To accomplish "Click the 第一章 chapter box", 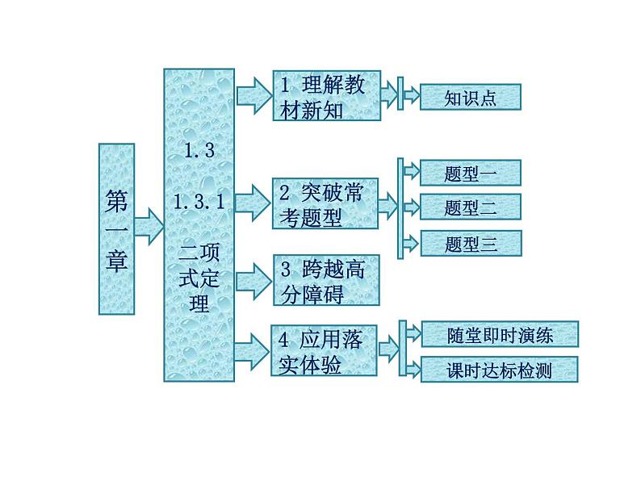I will tap(116, 228).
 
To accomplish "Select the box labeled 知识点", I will tap(471, 98).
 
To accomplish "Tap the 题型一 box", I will tap(471, 173).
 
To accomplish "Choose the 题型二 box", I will tap(471, 207).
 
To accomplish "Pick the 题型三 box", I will tap(471, 244).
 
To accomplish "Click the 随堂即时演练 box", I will tap(500, 333).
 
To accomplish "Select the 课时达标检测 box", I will tap(500, 370).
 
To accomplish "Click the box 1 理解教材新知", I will tap(326, 97).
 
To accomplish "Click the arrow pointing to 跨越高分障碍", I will tap(254, 278).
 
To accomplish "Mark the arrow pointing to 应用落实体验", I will tap(253, 349).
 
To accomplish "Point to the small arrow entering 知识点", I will tap(411, 97).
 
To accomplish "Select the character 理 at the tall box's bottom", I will tap(198, 303).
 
